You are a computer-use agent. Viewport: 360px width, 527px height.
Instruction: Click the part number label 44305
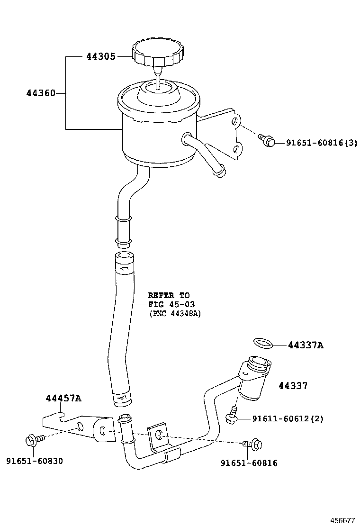(x=100, y=57)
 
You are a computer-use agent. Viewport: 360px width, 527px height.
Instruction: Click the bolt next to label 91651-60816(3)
(x=268, y=140)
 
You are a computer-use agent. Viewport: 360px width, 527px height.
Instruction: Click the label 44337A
(x=306, y=345)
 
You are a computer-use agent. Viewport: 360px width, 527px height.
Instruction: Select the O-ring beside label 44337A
(x=263, y=342)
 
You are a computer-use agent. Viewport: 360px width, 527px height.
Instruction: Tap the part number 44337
(x=293, y=386)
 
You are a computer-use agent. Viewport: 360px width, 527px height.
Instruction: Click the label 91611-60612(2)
(x=287, y=419)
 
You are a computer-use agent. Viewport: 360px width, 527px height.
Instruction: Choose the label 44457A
(x=63, y=398)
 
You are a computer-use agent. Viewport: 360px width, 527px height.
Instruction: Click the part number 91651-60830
(x=35, y=461)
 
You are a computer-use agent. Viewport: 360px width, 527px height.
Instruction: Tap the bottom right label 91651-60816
(x=249, y=463)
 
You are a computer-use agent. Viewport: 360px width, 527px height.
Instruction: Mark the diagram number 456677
(x=342, y=520)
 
